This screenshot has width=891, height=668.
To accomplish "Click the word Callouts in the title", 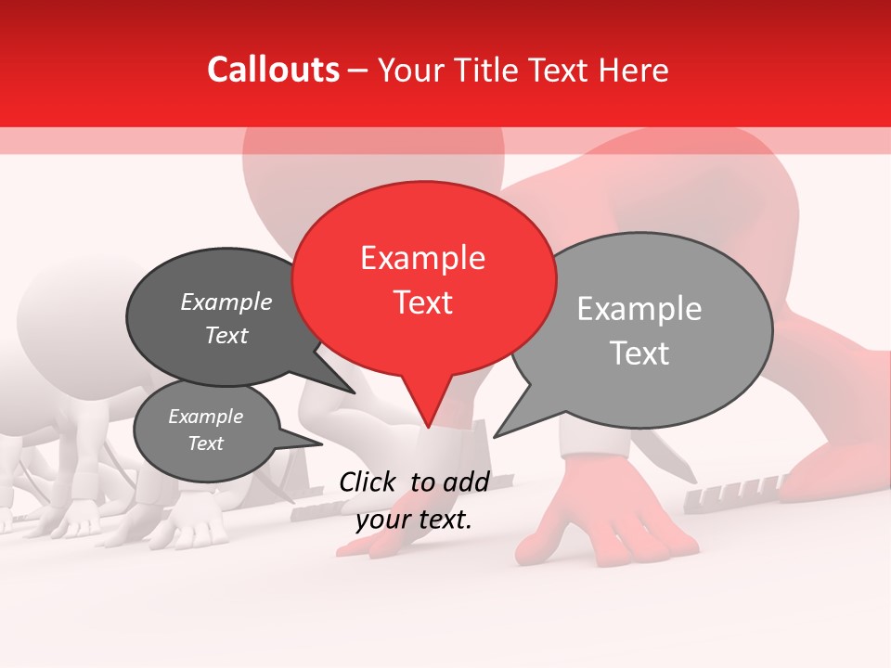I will [273, 70].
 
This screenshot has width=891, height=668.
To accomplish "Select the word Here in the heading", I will [633, 70].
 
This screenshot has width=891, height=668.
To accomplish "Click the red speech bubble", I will [423, 278].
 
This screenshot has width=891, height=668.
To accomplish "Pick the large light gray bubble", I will [650, 329].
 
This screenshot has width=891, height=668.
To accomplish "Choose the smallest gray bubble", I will [206, 430].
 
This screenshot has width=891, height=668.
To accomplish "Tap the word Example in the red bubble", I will [422, 258].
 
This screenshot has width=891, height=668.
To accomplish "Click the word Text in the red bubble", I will [423, 302].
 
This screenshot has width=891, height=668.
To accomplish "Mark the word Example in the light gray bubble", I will [639, 309].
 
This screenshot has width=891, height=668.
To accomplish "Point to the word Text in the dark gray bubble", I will [226, 336].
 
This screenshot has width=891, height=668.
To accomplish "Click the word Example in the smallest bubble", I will [205, 417].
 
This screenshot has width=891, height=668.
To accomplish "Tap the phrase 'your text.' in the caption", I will [414, 520].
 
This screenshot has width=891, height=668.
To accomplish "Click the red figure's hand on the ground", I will [603, 529].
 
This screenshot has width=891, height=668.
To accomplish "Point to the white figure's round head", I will [65, 311].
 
